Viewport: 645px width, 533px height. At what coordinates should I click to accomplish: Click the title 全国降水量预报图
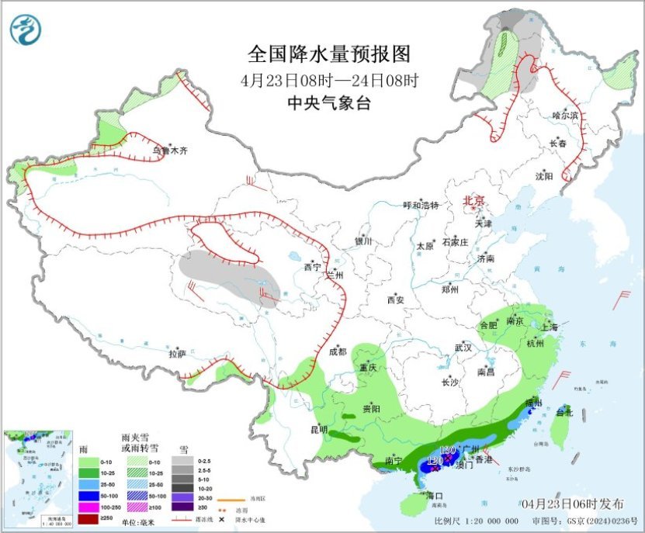tap(328, 54)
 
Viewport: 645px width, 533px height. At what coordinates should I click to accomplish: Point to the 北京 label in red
tap(473, 201)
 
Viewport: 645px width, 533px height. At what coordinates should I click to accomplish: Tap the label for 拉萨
tap(177, 354)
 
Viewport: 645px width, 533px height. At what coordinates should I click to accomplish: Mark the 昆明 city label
tap(319, 429)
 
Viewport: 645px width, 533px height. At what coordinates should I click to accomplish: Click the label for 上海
tap(550, 327)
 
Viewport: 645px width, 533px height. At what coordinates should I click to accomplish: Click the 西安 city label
tap(395, 299)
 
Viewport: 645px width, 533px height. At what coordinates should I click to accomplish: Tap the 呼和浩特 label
tap(421, 206)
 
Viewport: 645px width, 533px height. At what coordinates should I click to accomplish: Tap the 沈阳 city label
tap(543, 176)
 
